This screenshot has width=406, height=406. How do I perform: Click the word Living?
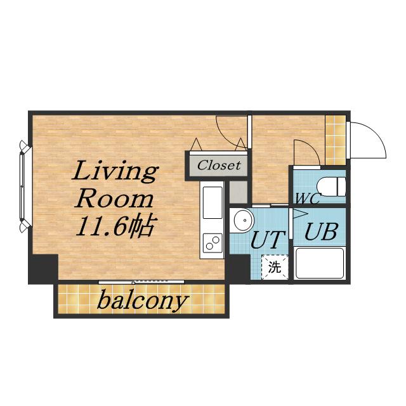[115, 172]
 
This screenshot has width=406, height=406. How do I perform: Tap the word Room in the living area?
[114, 199]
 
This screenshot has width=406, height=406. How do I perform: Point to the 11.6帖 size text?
[115, 226]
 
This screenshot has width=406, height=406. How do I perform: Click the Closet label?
[219, 165]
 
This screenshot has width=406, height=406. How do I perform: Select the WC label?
[308, 199]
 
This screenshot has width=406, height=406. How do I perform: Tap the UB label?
[321, 231]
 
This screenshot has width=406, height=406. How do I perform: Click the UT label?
[268, 240]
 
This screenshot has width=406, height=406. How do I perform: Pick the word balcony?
[141, 301]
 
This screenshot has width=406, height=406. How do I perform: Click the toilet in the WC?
[331, 187]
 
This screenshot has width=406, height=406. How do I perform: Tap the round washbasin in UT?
[243, 220]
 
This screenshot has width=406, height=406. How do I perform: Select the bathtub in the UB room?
[320, 263]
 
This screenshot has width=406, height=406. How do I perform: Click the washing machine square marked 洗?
[275, 267]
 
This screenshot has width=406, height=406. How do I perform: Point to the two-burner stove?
[213, 243]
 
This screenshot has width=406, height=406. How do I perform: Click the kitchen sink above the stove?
[213, 203]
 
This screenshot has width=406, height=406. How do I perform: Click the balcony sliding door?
[141, 282]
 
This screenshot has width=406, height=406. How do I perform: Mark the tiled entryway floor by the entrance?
[336, 140]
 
